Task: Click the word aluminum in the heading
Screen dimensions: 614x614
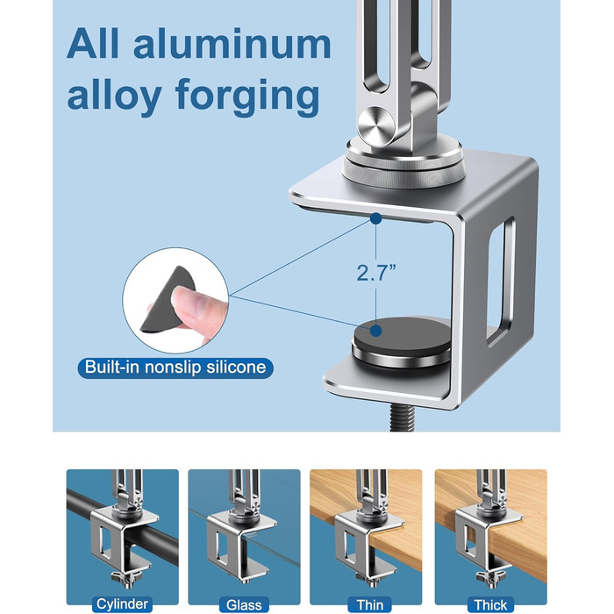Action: coord(232,44)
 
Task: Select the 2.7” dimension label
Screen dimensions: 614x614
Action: coord(376,273)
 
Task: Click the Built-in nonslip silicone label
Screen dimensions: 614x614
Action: coord(175,368)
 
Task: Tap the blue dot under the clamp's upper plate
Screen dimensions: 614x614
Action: coord(376,218)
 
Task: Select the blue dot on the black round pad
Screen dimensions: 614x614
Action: coord(376,331)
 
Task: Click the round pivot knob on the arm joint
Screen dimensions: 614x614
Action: coord(376,125)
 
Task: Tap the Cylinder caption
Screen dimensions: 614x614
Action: coord(122,603)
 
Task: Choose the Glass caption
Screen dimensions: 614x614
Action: coord(244,604)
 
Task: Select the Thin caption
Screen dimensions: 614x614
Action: coord(369,604)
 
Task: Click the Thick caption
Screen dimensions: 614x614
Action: coord(490,604)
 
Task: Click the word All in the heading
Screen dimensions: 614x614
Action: coord(92,43)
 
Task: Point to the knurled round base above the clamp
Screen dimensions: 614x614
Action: coord(404,173)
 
